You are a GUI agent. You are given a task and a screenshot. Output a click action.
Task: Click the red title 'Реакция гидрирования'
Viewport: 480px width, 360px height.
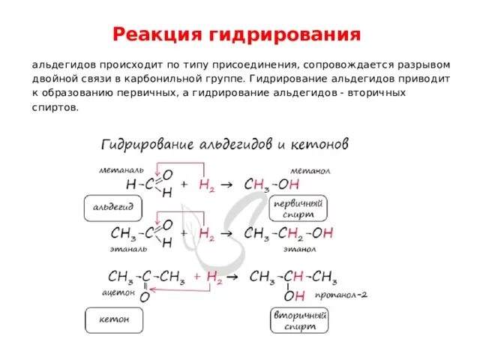(x=236, y=34)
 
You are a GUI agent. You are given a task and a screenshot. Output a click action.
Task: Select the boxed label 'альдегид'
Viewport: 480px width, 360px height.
(x=112, y=206)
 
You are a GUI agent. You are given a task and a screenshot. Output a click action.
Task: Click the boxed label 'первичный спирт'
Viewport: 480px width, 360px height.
(x=308, y=208)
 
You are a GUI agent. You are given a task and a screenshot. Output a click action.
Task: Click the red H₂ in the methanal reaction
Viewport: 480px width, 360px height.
(x=207, y=184)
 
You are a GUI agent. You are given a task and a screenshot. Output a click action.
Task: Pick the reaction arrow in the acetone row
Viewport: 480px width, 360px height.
(x=232, y=277)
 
